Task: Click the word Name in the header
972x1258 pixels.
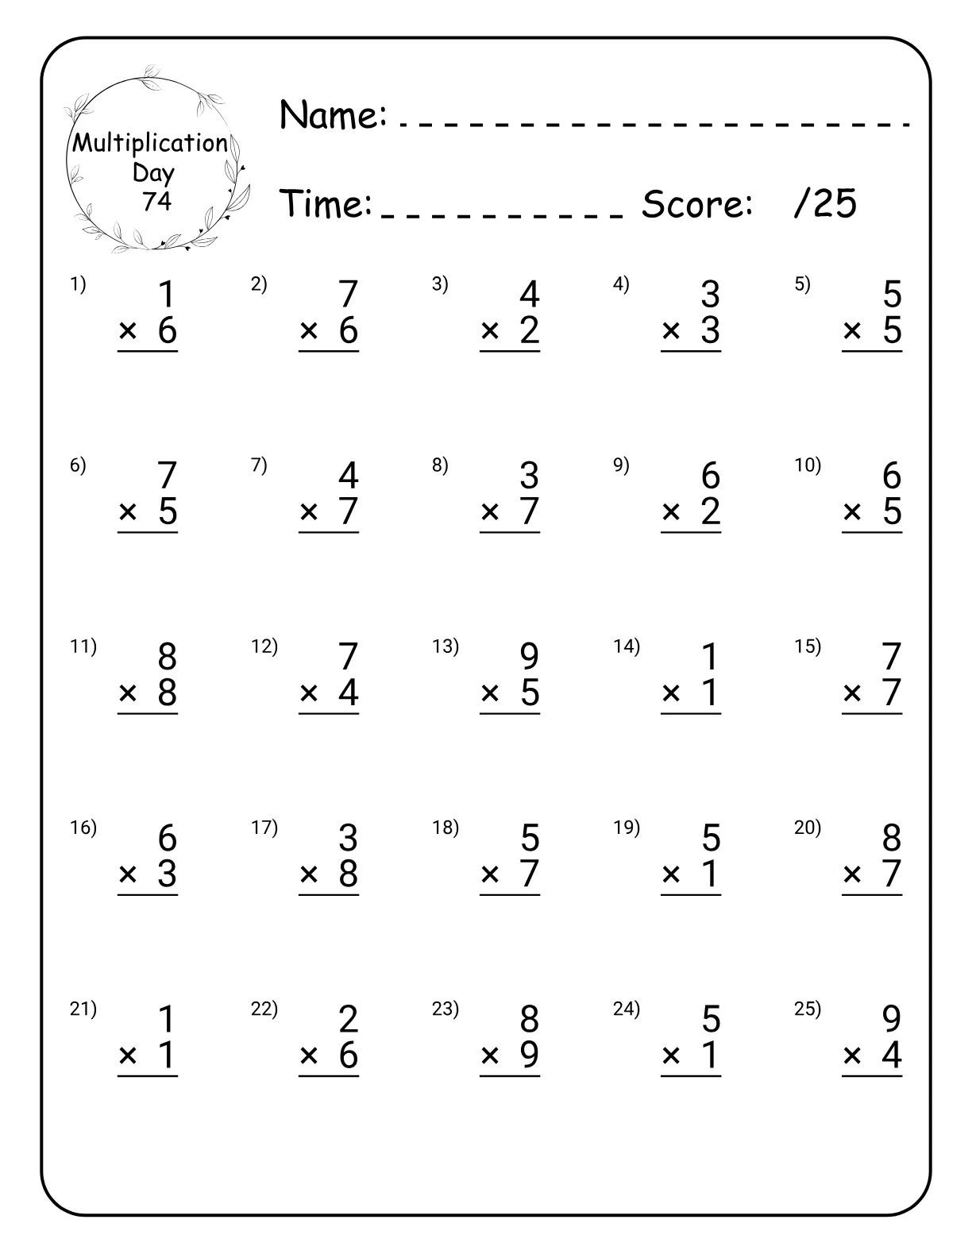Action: (333, 115)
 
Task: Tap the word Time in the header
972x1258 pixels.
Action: (326, 204)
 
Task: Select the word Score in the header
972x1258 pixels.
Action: (696, 204)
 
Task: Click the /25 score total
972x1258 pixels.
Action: (825, 204)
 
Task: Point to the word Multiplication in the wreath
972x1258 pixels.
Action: (150, 144)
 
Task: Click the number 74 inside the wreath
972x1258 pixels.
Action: (156, 202)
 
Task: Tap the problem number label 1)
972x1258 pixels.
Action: (78, 284)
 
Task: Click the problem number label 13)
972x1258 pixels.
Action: (445, 646)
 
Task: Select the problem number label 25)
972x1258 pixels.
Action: (807, 1009)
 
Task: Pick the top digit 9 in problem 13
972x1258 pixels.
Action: (529, 657)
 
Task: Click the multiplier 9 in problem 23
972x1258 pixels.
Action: (529, 1055)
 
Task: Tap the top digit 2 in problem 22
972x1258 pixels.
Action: (348, 1019)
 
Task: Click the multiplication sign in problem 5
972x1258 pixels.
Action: (852, 331)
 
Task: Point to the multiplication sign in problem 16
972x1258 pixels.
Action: (128, 874)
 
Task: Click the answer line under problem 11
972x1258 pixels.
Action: (148, 714)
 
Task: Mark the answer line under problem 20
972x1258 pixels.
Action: (872, 895)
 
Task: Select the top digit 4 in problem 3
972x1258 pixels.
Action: (529, 295)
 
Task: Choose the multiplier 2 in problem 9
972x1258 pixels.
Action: (710, 511)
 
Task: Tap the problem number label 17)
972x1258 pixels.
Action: (264, 828)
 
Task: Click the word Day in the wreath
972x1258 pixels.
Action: (153, 172)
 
